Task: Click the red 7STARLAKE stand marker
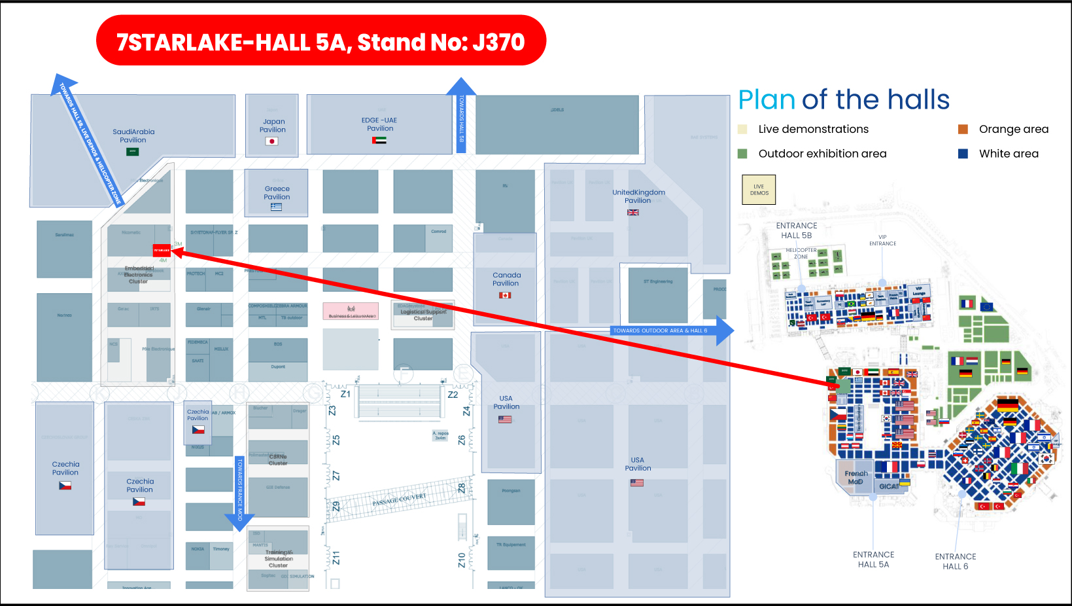pos(162,250)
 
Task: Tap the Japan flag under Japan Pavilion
pos(272,141)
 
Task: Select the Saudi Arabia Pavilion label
pos(133,135)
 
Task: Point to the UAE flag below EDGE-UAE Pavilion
pos(379,140)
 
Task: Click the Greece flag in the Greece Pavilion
pos(277,207)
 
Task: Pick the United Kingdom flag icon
pos(633,213)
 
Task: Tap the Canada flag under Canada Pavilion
pos(505,295)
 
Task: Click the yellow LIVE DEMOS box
pos(759,190)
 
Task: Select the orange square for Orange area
pos(963,130)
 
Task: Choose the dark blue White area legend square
pos(963,154)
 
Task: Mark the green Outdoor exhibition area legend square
pos(742,154)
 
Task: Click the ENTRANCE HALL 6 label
pos(956,561)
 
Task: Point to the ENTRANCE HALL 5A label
pos(874,560)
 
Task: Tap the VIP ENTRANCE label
pos(883,240)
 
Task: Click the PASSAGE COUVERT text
pos(399,500)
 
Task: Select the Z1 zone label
pos(345,394)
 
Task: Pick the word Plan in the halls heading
pos(767,100)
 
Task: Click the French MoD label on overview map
pos(856,477)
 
